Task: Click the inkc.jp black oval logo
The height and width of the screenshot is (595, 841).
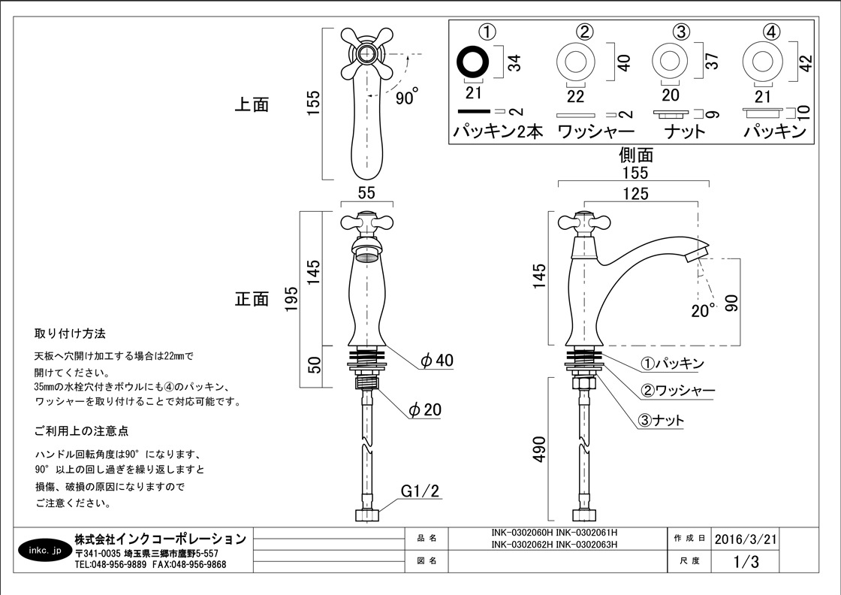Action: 42,549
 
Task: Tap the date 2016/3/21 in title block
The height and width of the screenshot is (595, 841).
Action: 746,539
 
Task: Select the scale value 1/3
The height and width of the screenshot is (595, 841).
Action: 746,561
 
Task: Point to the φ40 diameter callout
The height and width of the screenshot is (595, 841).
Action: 437,361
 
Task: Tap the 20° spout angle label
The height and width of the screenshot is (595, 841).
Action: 703,310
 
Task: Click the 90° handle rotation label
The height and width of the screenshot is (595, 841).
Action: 406,97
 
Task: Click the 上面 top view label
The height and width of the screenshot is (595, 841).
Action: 252,104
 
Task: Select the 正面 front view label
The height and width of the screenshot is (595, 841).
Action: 252,298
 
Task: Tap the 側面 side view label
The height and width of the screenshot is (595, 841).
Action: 635,155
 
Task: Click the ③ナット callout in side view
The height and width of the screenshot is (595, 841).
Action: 662,421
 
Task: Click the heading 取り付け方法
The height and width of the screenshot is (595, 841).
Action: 70,334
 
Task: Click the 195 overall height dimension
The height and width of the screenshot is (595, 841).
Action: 293,298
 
